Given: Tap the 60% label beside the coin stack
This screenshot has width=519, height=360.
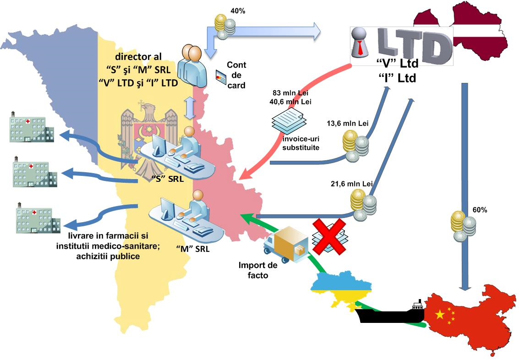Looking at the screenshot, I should pyautogui.click(x=480, y=210).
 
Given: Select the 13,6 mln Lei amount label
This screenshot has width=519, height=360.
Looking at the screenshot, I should pyautogui.click(x=348, y=123).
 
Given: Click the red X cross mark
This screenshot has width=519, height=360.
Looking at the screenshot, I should pyautogui.click(x=328, y=235).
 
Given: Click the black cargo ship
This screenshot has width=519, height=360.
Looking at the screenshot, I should pyautogui.click(x=390, y=316).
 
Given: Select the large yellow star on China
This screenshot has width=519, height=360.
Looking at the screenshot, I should pyautogui.click(x=440, y=314).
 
